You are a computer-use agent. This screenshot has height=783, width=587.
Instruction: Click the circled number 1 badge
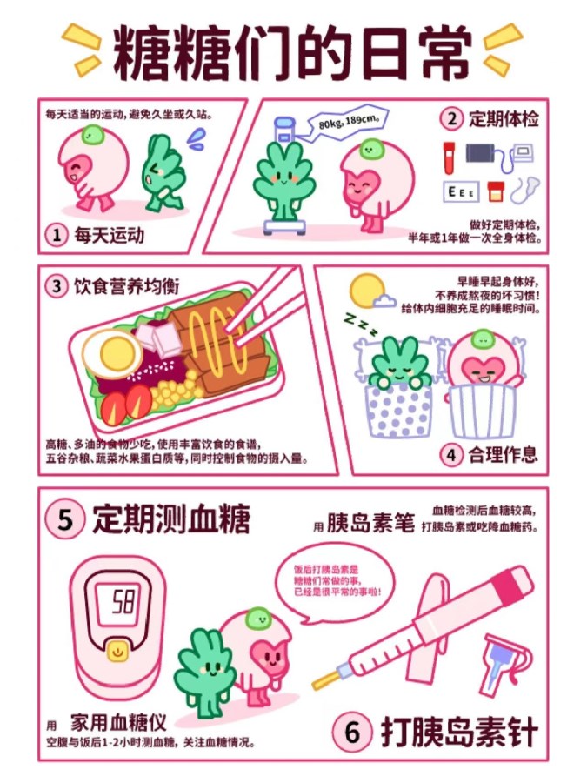[57, 235]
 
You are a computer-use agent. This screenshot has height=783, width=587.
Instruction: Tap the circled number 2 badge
[451, 119]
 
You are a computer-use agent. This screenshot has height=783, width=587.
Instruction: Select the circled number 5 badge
[64, 519]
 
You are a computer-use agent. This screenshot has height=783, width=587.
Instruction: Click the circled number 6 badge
[352, 732]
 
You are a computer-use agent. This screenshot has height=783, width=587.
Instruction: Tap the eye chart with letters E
[461, 192]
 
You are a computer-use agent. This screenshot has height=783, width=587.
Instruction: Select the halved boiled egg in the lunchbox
[113, 353]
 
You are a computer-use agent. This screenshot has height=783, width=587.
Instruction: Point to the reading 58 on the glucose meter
[123, 601]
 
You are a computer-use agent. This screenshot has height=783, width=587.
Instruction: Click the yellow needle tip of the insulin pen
[325, 679]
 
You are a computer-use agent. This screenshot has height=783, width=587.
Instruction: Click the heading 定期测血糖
[170, 519]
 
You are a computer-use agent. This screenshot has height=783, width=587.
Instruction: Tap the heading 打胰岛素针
[459, 732]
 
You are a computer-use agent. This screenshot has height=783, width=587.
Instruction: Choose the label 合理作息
[503, 454]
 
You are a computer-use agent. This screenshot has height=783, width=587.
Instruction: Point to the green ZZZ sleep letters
[360, 325]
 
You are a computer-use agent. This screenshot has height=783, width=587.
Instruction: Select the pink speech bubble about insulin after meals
[336, 583]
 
